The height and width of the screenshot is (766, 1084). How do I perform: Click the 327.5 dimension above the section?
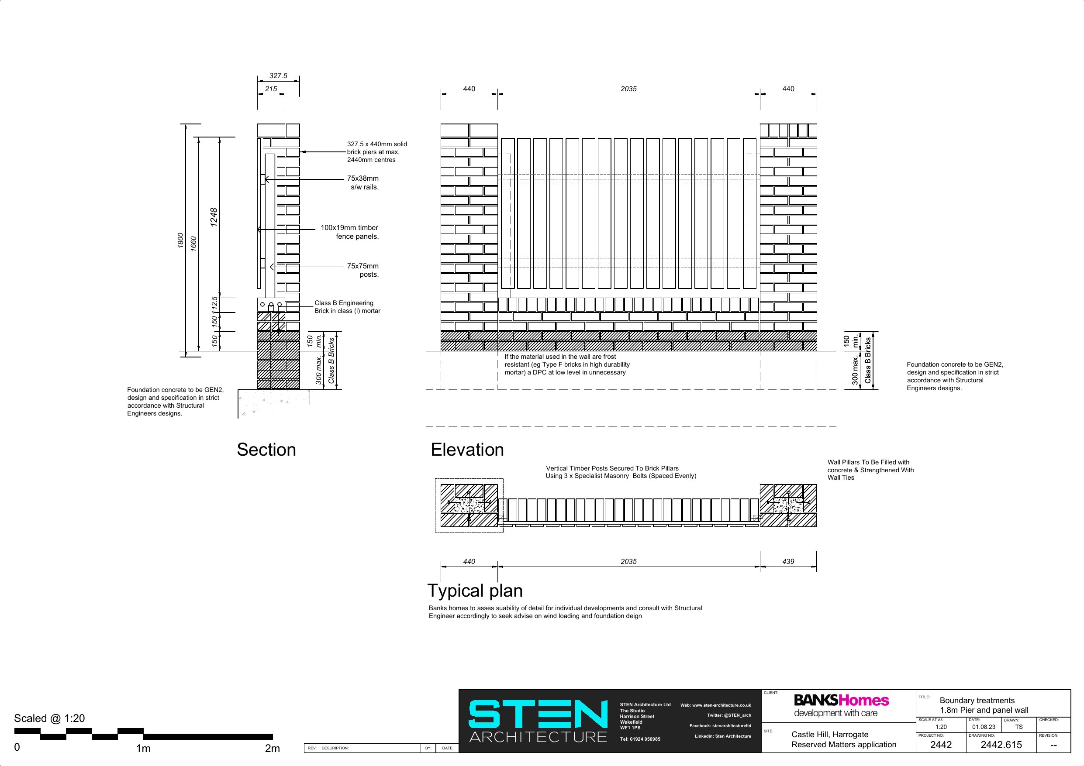(278, 76)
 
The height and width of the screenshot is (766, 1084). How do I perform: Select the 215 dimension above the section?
(271, 89)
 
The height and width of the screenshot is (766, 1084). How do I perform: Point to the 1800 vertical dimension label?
(180, 240)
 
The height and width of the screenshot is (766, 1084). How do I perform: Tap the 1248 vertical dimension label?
(214, 217)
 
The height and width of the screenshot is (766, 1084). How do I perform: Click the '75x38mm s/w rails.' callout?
(363, 182)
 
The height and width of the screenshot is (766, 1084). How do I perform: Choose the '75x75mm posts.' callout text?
(363, 270)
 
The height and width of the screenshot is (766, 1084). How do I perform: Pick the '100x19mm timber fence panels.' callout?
(350, 232)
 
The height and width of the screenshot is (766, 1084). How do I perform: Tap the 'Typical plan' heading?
(475, 591)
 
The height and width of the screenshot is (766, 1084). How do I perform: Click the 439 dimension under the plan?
(788, 561)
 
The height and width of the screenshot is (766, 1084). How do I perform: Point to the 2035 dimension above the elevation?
(629, 89)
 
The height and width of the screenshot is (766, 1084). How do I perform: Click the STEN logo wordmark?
(538, 714)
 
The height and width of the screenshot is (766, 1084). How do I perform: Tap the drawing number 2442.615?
(1001, 745)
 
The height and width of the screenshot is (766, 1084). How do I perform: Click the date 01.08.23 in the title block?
(984, 727)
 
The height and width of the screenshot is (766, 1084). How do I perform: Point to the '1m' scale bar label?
(143, 748)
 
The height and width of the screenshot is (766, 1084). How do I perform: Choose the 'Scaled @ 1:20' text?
(50, 718)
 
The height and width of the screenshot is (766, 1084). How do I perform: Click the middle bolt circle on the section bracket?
(271, 304)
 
